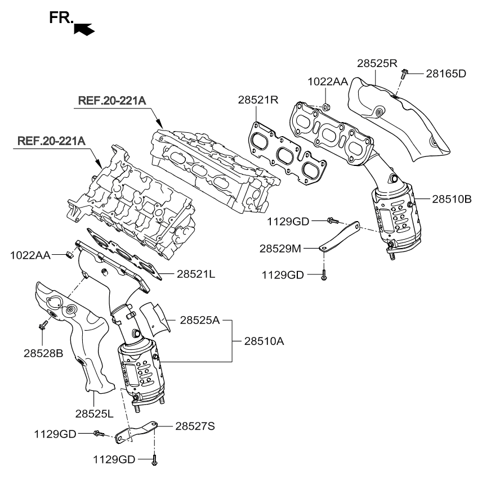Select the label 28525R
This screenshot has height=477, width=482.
coord(377,63)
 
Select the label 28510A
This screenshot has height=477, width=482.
coord(265,340)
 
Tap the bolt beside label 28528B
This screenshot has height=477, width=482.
coord(42,326)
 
